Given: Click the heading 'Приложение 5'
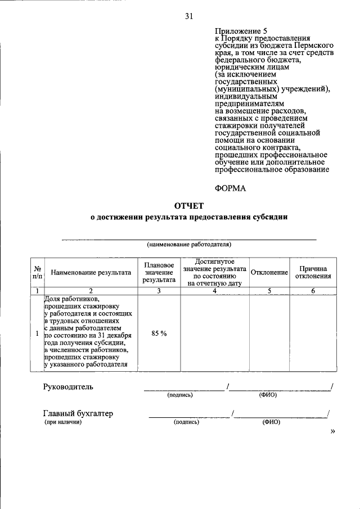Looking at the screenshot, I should click(x=238, y=31).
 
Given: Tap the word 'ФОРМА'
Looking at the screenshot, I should click(x=231, y=188).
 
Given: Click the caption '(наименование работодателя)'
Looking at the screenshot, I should click(x=189, y=245).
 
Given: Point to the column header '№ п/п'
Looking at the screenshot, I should click(x=37, y=272).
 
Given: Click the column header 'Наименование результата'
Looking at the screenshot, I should click(x=91, y=272).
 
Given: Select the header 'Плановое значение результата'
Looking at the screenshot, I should click(x=159, y=272).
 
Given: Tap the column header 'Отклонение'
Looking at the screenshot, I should click(x=269, y=272).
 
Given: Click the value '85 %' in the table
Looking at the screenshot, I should click(x=159, y=334).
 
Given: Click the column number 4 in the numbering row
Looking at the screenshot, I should click(x=214, y=291).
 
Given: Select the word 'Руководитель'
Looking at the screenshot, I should click(x=69, y=386).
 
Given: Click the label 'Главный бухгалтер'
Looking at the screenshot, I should click(x=78, y=413).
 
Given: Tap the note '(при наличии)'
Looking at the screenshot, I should click(x=63, y=422).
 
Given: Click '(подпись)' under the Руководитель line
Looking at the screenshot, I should click(x=180, y=395).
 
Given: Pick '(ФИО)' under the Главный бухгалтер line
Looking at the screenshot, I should click(x=271, y=422).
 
